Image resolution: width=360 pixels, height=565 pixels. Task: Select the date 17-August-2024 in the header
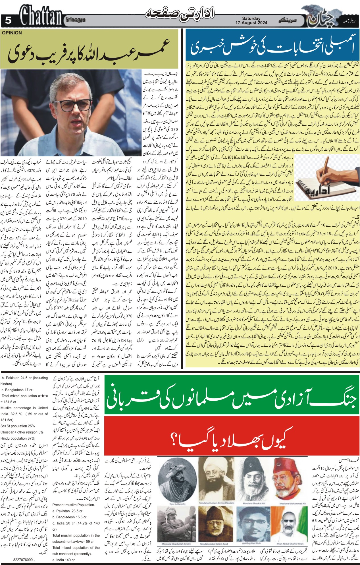251,23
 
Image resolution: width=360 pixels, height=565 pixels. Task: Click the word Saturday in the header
251,18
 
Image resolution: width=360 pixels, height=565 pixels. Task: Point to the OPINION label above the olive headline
12,33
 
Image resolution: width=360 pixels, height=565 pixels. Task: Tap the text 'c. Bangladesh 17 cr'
17,390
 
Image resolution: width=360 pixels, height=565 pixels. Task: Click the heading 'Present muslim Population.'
74,505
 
